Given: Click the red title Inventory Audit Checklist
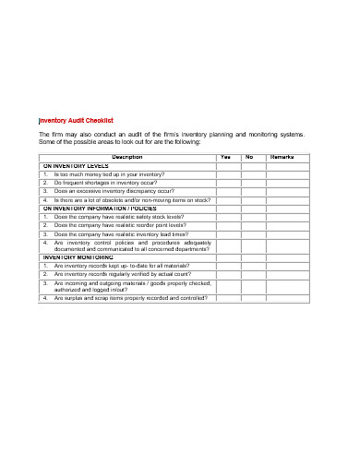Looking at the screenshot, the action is tap(76, 121).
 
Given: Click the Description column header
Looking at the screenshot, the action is tap(126, 157).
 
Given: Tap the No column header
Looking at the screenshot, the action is tap(250, 157).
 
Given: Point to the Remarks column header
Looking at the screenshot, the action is tap(282, 157).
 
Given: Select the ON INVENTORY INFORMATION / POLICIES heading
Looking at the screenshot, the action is tap(99, 209).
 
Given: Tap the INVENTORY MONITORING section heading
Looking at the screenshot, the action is tap(78, 257).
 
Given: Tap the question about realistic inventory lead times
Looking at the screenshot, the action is tap(121, 234).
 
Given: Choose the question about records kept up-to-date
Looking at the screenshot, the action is tap(116, 266).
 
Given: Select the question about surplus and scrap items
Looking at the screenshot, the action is tap(130, 298).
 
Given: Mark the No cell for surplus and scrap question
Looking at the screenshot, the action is tap(250, 298).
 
